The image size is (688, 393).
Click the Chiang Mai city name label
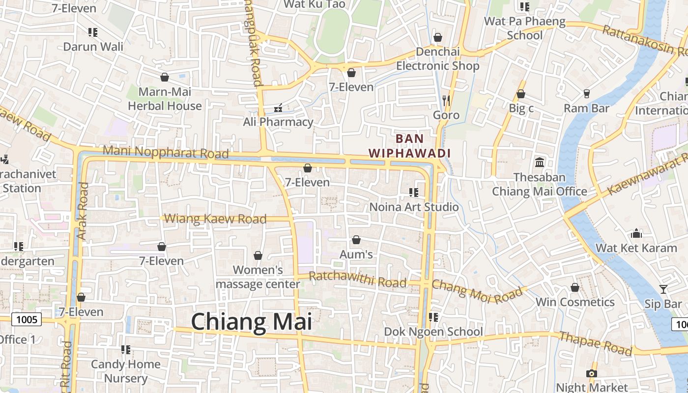pyautogui.click(x=251, y=322)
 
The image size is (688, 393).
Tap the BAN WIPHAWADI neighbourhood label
pyautogui.click(x=409, y=146)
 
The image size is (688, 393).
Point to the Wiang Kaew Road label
pyautogui.click(x=215, y=219)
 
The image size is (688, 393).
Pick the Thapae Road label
pyautogui.click(x=595, y=342)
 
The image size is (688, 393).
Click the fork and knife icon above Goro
pyautogui.click(x=446, y=101)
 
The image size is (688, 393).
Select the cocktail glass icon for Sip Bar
pyautogui.click(x=663, y=289)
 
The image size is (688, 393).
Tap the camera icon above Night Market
pyautogui.click(x=592, y=373)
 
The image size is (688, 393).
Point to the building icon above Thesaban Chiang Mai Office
pyautogui.click(x=540, y=162)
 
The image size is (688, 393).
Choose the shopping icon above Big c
pyautogui.click(x=521, y=94)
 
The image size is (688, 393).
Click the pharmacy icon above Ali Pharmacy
pyautogui.click(x=278, y=107)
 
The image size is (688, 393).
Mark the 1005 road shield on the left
pyautogui.click(x=27, y=320)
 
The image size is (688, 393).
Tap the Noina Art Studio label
pyautogui.click(x=414, y=207)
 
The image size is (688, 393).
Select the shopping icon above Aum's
pyautogui.click(x=356, y=240)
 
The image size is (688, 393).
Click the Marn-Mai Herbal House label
pyautogui.click(x=165, y=99)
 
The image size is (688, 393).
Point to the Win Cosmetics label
pyautogui.click(x=574, y=302)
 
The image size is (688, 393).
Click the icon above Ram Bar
pyautogui.click(x=586, y=93)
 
